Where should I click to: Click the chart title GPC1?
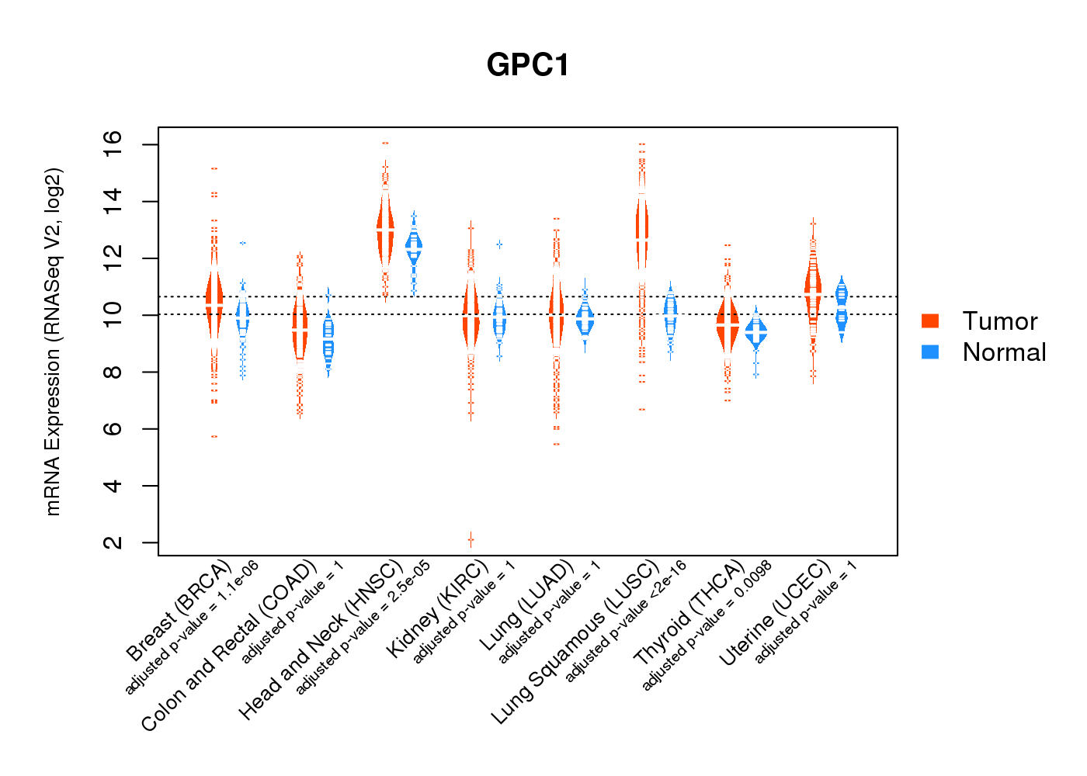click(528, 65)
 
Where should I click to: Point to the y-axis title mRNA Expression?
click(53, 341)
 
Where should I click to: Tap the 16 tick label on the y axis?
click(113, 145)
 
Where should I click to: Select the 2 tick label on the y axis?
click(113, 542)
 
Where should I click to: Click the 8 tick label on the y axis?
click(113, 372)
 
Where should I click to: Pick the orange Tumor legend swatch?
click(929, 321)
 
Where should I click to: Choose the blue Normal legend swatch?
click(929, 352)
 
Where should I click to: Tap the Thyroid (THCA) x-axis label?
click(689, 612)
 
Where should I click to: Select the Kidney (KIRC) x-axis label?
click(438, 609)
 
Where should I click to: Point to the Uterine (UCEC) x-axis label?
click(775, 613)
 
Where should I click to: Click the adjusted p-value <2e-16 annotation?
click(626, 622)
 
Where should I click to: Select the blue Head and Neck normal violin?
click(414, 247)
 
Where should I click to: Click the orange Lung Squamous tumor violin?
click(641, 233)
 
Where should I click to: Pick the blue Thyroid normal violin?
click(755, 332)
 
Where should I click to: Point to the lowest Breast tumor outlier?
click(214, 436)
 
